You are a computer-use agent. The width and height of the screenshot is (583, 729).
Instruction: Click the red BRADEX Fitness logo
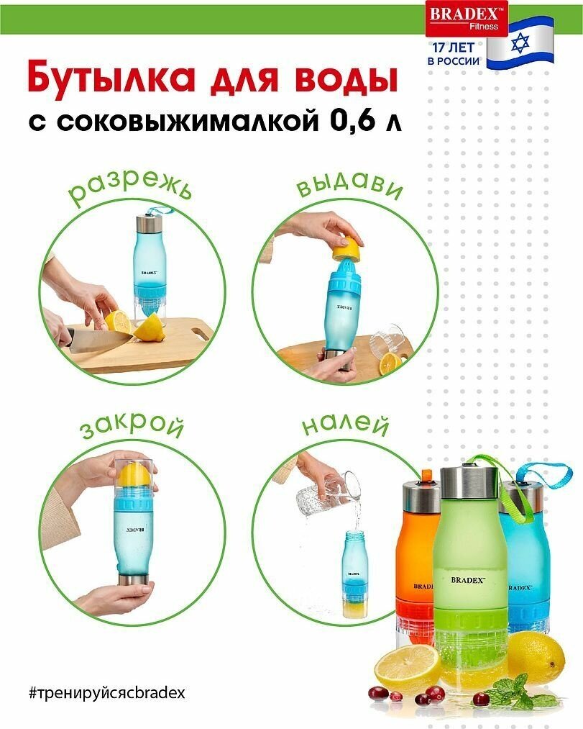coord(467,19)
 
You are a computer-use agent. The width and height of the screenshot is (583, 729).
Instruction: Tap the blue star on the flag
coord(520,43)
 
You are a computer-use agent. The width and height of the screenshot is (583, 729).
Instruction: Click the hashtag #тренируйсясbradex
coord(107,693)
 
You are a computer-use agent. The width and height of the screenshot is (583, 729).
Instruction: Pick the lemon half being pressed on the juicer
coord(347,249)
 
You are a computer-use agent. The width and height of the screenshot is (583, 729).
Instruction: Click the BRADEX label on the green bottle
coord(468,580)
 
